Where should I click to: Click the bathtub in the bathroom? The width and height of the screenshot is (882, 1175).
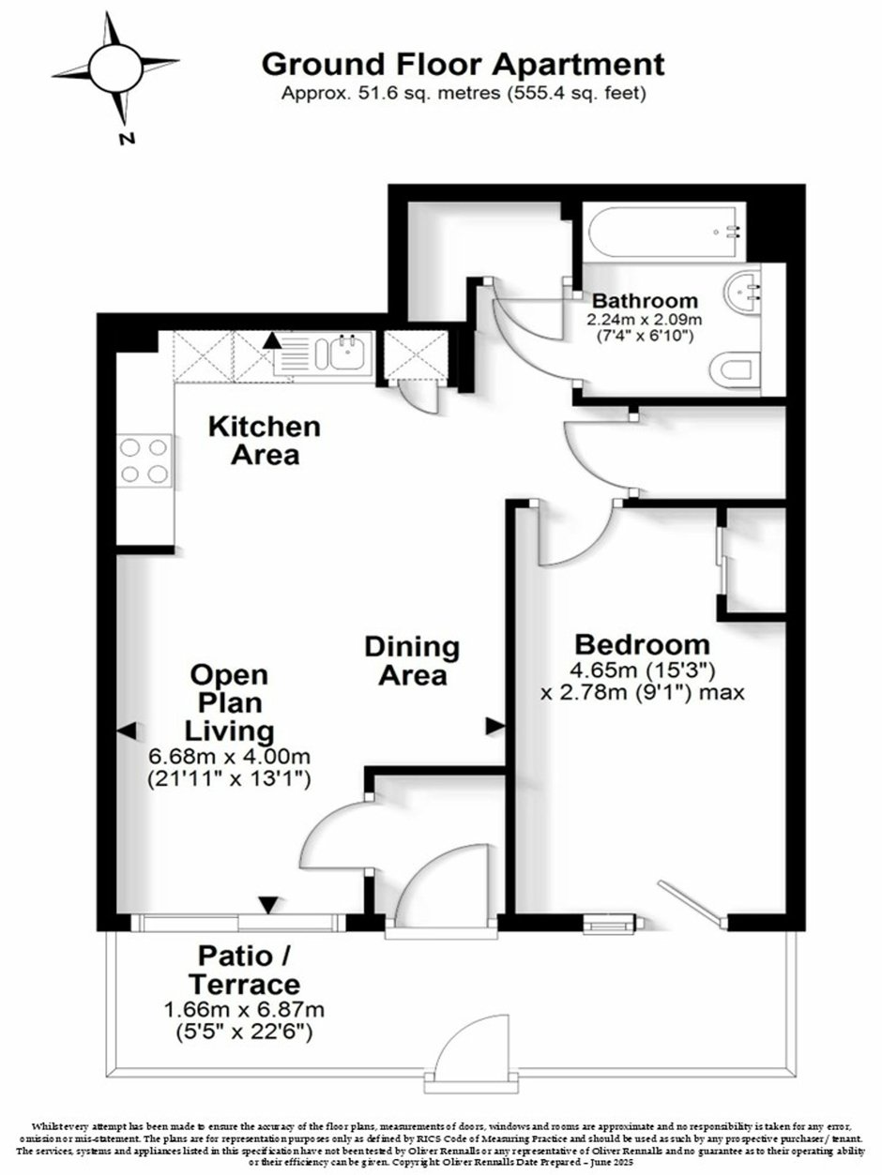(664, 232)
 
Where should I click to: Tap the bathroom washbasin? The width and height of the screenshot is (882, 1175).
(742, 293)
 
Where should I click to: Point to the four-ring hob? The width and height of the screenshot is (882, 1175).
(144, 460)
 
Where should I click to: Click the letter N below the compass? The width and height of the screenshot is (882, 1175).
(127, 139)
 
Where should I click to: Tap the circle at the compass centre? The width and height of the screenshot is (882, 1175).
(115, 68)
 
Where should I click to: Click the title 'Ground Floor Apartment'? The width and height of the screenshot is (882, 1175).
(464, 65)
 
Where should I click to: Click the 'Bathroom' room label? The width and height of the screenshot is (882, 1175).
(645, 300)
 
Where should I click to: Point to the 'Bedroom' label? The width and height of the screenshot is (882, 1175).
(642, 644)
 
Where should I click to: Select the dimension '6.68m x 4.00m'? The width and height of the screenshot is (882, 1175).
(229, 757)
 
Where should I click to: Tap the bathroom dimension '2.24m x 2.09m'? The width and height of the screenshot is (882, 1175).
(645, 320)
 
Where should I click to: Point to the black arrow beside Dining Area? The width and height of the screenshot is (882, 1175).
(494, 727)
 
